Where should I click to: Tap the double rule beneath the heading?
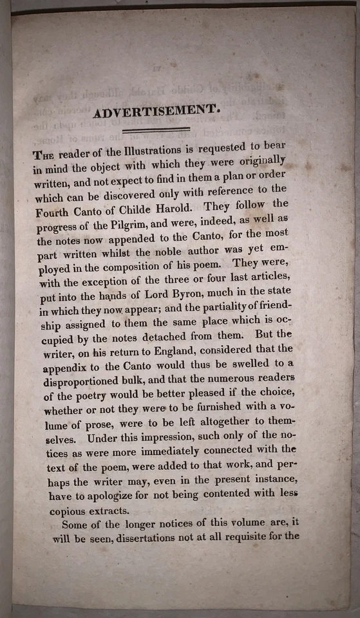157,131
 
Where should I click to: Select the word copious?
70,510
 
